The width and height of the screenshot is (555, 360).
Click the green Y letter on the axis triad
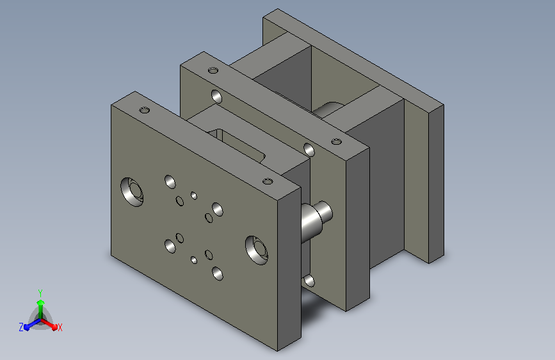point(40,293)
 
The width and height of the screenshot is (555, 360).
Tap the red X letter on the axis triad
point(60,327)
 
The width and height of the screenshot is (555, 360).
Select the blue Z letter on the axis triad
point(21,327)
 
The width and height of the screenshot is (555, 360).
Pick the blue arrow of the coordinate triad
point(33,324)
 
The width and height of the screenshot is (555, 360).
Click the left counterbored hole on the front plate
point(132,192)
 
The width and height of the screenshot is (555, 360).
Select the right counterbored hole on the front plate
point(257,250)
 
